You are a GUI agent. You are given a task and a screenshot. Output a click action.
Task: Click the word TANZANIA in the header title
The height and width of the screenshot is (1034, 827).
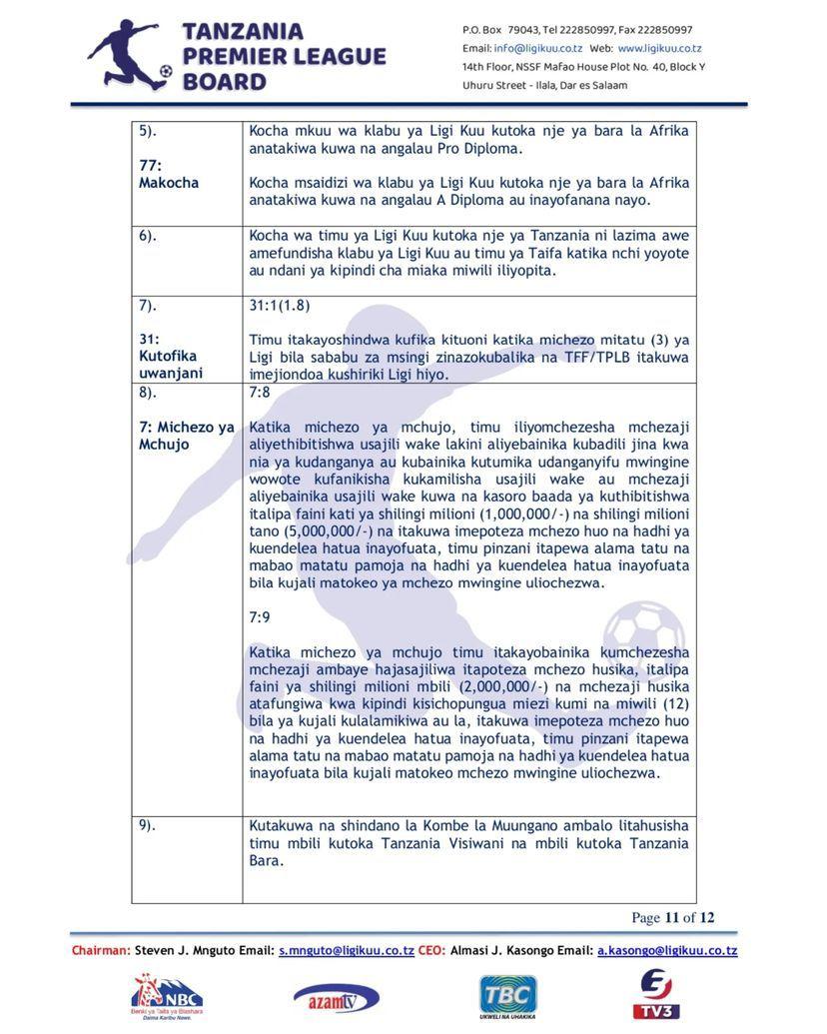(244, 33)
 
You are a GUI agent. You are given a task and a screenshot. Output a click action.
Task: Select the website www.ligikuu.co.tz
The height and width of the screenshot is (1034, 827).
(659, 48)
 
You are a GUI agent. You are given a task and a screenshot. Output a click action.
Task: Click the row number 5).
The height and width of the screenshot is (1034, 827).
(148, 131)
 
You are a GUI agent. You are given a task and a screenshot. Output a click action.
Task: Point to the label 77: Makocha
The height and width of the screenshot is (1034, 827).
(169, 174)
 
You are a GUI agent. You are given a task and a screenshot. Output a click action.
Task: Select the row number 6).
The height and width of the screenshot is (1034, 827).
(148, 236)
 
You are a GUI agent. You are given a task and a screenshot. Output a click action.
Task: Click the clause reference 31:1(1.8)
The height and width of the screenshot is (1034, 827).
(280, 306)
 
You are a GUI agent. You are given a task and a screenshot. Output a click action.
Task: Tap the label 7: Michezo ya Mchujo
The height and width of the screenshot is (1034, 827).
(187, 436)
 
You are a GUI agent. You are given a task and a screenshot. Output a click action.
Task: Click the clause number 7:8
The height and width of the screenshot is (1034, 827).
(260, 393)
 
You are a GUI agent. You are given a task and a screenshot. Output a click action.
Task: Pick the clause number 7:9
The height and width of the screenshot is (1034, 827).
(260, 617)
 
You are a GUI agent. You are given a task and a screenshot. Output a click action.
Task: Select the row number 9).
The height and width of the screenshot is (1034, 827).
(148, 825)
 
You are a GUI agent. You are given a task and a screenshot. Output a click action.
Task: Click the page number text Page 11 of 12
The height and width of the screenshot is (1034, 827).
(672, 918)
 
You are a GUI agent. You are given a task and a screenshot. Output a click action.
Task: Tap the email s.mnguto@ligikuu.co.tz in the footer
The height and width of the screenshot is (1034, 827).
(347, 951)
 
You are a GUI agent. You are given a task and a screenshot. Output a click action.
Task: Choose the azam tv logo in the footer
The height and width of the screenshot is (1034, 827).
(336, 997)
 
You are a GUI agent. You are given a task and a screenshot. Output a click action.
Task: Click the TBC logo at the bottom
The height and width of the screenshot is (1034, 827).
(508, 996)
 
